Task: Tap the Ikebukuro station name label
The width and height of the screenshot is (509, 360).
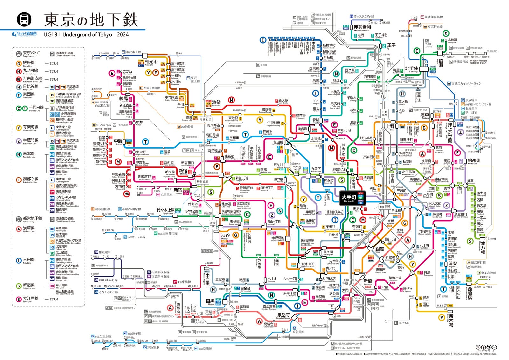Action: tap(216, 102)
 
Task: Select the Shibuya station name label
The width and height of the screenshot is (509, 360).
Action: tap(225, 236)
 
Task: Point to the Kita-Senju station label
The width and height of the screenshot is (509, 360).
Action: tap(411, 68)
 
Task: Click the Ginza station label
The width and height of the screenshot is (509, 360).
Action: tap(380, 249)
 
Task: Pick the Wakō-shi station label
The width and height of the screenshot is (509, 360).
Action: tap(151, 62)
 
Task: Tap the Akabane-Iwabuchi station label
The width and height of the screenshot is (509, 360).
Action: tap(362, 27)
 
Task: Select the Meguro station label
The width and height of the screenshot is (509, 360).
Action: tap(210, 301)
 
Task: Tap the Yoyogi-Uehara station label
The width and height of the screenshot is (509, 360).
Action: tap(166, 210)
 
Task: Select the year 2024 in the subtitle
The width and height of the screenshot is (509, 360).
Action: tap(123, 35)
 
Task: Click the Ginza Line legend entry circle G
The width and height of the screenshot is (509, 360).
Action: tap(19, 63)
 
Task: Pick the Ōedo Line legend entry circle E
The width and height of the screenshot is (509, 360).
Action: tap(19, 299)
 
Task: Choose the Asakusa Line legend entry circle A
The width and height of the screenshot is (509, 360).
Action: tap(19, 229)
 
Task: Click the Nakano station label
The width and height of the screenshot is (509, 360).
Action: tap(118, 141)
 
